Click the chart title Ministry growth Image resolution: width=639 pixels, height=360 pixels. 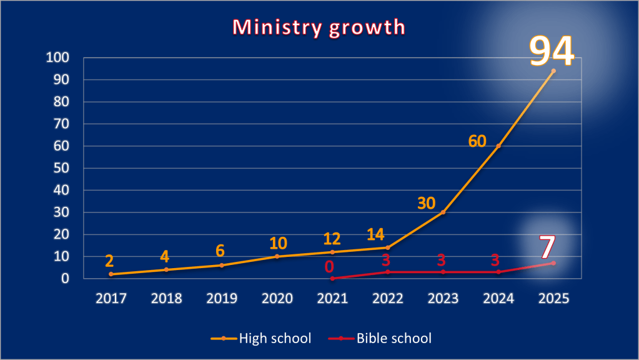tap(319, 27)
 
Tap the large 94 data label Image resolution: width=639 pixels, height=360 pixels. tap(552, 51)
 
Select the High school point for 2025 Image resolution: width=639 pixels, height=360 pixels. tap(553, 71)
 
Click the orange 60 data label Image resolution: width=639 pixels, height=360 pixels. tap(477, 141)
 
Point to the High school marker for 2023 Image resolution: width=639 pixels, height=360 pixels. tap(443, 212)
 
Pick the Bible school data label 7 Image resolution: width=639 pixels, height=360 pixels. tap(547, 247)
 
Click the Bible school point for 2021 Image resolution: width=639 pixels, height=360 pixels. tap(332, 278)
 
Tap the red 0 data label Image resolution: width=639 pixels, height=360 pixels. tap(329, 267)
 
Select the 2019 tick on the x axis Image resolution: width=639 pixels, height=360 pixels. tap(222, 298)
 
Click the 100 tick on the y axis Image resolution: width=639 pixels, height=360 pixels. tap(57, 58)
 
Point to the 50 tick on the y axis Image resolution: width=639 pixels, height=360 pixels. tap(61, 168)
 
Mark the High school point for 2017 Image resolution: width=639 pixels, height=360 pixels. tap(111, 274)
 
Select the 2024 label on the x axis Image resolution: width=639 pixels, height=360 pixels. tap(498, 298)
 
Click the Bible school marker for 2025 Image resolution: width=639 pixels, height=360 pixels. tap(553, 262)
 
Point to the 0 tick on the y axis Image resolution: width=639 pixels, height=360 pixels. tap(64, 279)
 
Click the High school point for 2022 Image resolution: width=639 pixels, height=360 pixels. tap(387, 247)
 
